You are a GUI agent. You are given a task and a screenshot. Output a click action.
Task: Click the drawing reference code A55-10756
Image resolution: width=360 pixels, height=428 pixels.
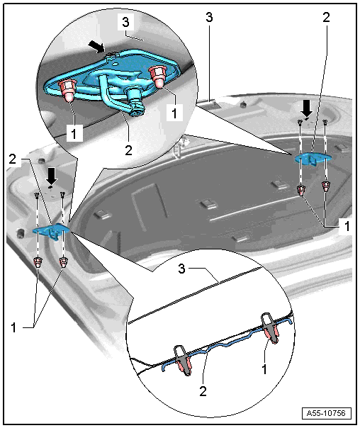point(326,413)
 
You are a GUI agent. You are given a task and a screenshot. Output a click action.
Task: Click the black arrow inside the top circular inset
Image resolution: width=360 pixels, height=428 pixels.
point(96,46)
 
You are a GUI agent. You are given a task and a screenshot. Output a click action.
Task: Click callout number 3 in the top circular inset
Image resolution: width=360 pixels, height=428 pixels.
point(125,22)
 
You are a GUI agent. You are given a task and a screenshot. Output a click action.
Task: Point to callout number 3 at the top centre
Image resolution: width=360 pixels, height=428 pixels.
point(209,17)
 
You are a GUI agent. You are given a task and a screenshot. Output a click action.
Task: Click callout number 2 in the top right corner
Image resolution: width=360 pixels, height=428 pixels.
point(326,17)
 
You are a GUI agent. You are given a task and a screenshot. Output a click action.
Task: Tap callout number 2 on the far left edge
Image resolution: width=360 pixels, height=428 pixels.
point(13,159)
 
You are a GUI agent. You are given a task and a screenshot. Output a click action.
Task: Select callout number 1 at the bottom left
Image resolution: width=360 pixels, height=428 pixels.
point(13,327)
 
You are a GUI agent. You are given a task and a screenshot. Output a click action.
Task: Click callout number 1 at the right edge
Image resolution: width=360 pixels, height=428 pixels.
point(347,226)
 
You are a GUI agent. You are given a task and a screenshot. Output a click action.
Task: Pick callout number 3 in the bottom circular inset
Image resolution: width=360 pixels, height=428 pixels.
point(182,269)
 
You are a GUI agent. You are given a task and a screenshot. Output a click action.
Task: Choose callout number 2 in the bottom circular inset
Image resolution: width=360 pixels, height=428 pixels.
point(203,391)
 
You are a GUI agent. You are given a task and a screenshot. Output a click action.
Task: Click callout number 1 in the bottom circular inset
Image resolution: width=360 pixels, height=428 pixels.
point(264,369)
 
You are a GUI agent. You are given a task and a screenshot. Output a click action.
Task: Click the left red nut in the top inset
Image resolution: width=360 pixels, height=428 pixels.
point(67,91)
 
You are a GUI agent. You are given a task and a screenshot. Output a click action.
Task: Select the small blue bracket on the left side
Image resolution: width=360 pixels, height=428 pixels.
point(51,231)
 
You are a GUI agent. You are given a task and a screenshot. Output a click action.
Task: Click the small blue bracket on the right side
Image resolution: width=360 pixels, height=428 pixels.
point(313,158)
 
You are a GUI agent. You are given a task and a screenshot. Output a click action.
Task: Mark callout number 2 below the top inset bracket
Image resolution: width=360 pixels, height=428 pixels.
point(128,150)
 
